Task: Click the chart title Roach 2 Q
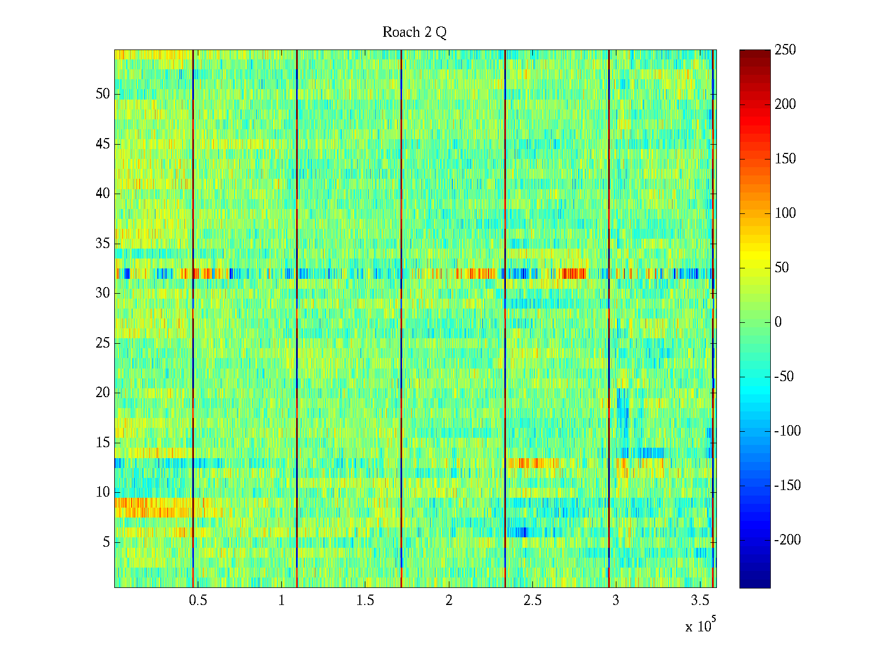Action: (414, 32)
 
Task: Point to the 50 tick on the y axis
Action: (103, 94)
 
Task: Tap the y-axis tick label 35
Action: (103, 244)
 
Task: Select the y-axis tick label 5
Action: (106, 542)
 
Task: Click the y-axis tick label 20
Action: (103, 393)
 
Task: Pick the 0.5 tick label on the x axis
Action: (198, 601)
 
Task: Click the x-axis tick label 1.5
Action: (365, 601)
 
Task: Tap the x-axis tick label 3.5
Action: (700, 601)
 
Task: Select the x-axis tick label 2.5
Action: (532, 601)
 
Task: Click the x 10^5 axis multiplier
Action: (700, 625)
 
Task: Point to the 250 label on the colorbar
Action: (785, 50)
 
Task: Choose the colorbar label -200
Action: (787, 540)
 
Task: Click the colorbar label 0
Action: (778, 322)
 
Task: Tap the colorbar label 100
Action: (785, 213)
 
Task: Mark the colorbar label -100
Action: (787, 431)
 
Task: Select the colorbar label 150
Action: (785, 159)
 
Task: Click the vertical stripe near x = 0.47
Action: (193, 319)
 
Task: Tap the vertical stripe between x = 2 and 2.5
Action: (505, 319)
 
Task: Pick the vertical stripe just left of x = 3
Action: (609, 319)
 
